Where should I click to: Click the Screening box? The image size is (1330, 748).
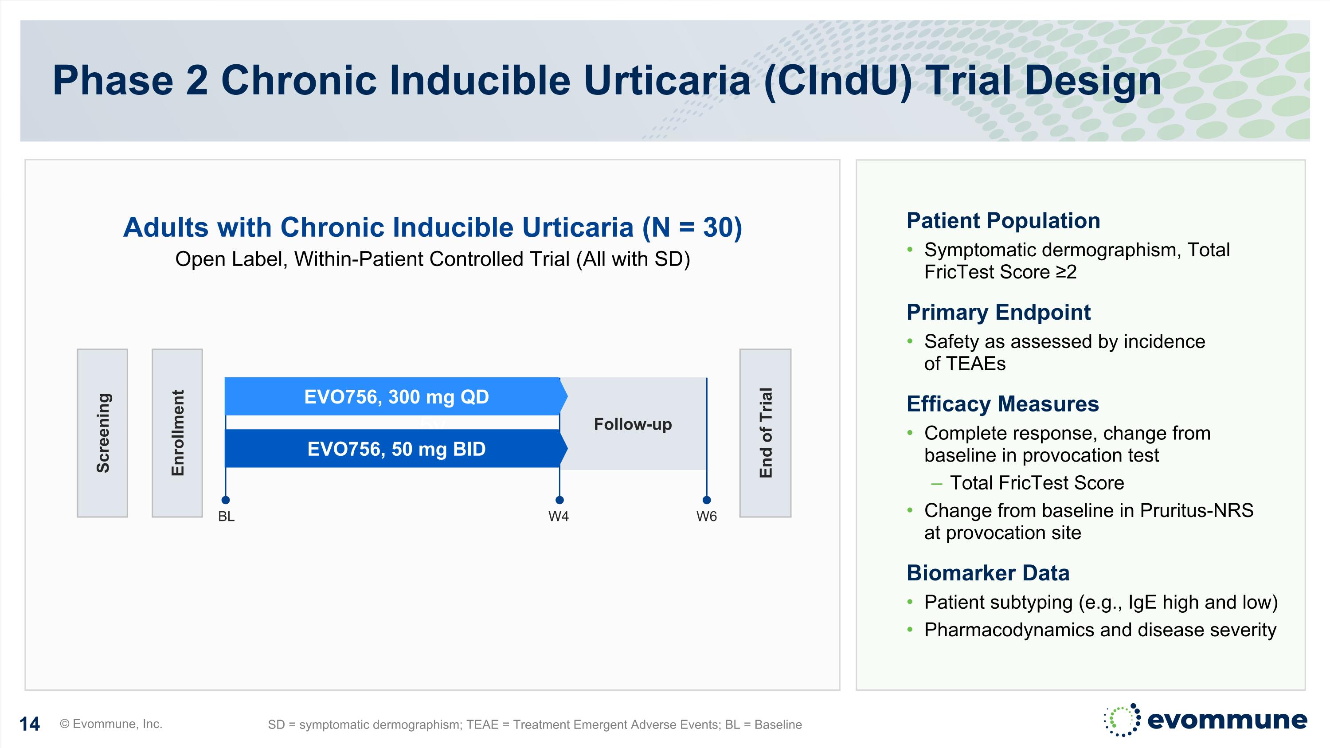coord(102,433)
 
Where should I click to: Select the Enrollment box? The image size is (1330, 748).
coord(177,433)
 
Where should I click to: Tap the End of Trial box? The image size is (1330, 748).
coord(765,433)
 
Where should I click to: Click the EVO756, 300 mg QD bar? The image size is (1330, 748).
coord(395,396)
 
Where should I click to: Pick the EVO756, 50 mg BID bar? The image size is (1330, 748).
coord(395,449)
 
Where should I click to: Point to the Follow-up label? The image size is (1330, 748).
coord(633,424)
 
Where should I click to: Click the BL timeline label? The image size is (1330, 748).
coord(226,517)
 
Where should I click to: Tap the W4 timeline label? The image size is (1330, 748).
coord(559,517)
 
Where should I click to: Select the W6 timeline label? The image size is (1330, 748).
coord(706,517)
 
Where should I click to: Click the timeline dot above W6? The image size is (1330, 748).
coord(707,500)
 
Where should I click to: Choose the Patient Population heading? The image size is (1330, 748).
coord(1003,221)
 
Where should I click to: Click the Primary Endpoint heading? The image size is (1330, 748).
coord(998,312)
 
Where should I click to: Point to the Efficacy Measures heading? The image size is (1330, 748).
coord(1002,403)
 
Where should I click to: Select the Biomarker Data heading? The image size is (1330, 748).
coord(988,573)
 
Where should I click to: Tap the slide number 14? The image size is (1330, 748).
coord(29,724)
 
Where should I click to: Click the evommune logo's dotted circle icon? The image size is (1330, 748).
coord(1121,720)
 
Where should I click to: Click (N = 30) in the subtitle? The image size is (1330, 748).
coord(692,227)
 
